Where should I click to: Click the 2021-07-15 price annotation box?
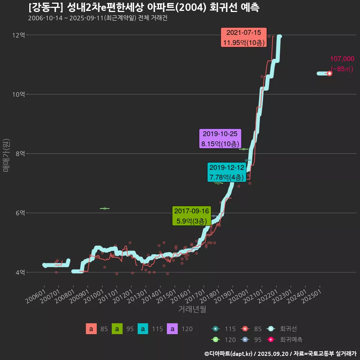point(244,37)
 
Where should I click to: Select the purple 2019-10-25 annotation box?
point(220,139)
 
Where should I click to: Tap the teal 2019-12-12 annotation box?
point(226,172)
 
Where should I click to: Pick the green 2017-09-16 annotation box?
point(192,216)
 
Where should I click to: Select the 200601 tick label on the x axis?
point(35,296)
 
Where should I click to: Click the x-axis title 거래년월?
point(192,309)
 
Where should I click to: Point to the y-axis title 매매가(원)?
point(6,155)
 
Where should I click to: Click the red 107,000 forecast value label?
point(342,59)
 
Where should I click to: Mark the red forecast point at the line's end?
point(329,73)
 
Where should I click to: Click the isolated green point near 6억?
point(105,208)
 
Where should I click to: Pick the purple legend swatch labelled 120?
point(172,329)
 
